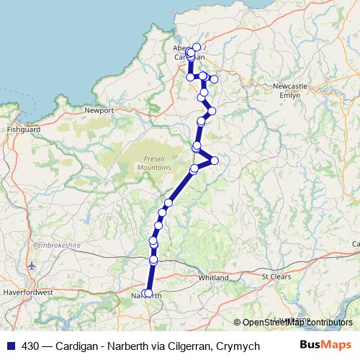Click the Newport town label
(x=99, y=111)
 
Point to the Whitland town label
(x=215, y=278)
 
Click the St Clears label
(x=274, y=276)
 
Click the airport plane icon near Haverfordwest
(x=30, y=266)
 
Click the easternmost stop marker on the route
(x=215, y=160)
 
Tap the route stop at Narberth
(x=148, y=293)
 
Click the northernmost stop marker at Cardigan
(x=197, y=48)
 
